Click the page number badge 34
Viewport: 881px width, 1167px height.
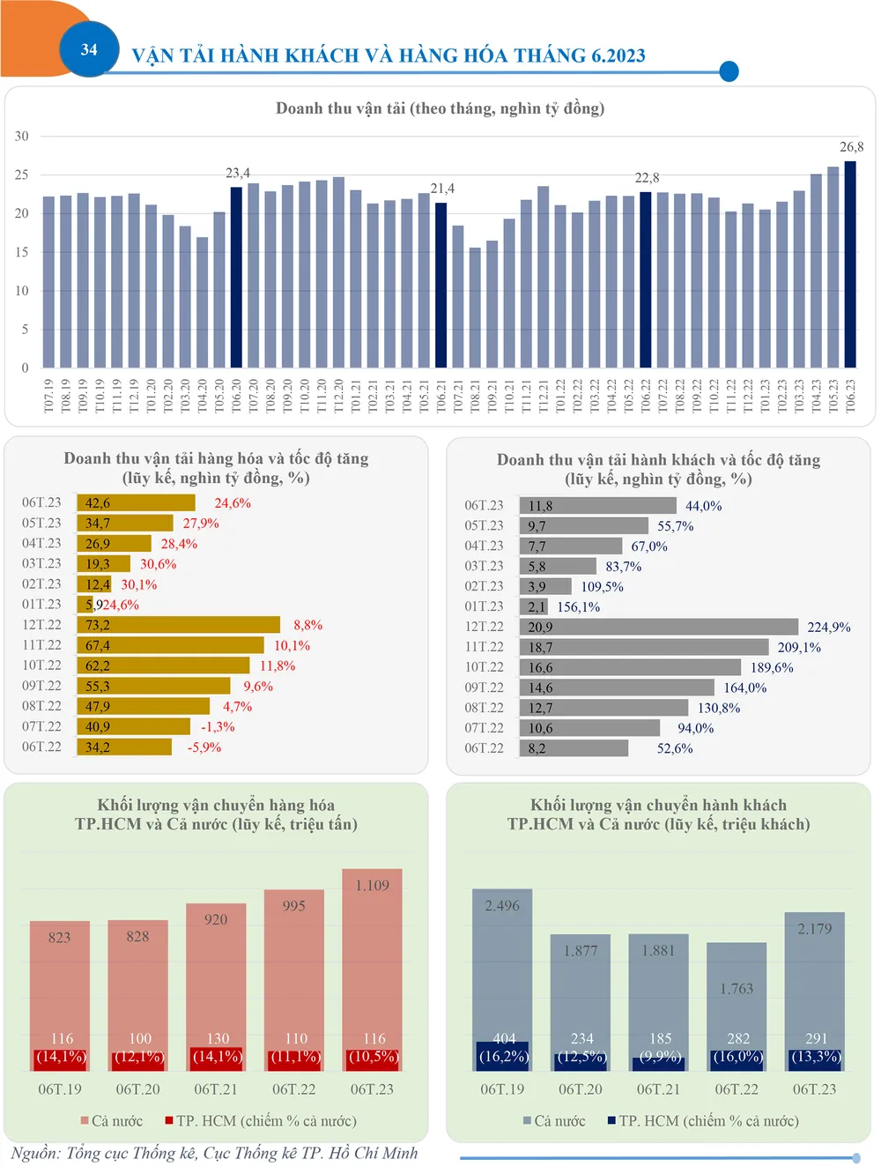click(89, 49)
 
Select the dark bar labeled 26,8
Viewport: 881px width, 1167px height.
click(850, 264)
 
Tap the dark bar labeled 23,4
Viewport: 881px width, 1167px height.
click(236, 278)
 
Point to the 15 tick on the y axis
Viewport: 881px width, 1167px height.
click(22, 252)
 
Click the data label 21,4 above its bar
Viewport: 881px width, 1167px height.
click(442, 189)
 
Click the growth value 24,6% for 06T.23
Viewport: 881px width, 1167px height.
click(233, 503)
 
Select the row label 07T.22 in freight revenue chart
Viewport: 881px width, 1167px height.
click(42, 726)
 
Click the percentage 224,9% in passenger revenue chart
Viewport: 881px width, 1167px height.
click(829, 627)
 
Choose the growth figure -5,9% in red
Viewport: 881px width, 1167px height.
click(204, 747)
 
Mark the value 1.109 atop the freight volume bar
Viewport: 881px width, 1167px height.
click(372, 885)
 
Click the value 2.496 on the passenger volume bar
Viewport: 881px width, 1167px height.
click(502, 905)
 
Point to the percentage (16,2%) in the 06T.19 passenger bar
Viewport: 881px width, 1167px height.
click(503, 1056)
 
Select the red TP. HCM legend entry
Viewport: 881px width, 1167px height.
click(261, 1121)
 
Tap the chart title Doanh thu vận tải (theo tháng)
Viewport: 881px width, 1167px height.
click(440, 108)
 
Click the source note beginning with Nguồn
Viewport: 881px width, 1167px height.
click(214, 1153)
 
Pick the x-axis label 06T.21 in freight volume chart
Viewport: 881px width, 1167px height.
click(216, 1089)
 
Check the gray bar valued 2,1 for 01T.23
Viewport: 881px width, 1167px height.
click(534, 606)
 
